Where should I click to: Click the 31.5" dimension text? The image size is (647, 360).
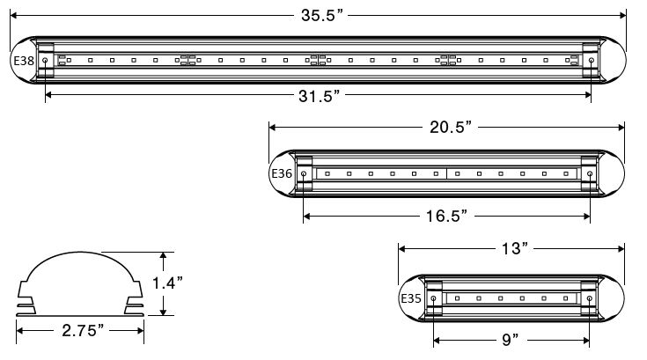319,96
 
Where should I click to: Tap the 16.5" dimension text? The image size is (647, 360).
447,214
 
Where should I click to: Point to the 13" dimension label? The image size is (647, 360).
512,249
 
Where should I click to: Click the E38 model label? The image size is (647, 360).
23,61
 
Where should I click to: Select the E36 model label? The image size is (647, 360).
281,173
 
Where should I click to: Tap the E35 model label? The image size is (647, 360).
410,298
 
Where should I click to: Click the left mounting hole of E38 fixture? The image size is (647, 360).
45,62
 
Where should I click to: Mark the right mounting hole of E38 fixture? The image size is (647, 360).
590,62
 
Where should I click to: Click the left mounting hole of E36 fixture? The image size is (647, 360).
304,174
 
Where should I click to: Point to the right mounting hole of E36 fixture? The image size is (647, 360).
590,174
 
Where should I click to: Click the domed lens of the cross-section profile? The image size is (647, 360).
79,268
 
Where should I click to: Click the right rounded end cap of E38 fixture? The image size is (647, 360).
613,62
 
